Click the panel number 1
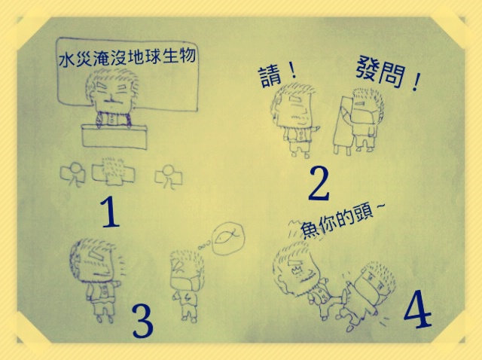pos(110,212)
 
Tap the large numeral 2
pos(319,183)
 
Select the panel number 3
pos(142,321)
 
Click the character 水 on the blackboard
pos(66,59)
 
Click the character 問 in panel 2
pos(390,75)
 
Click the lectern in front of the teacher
pos(114,136)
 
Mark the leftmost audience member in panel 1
pos(73,174)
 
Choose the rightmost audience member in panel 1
pos(169,176)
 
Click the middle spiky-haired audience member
pos(113,172)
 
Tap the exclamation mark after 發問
pos(416,81)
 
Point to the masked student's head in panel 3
pos(186,270)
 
